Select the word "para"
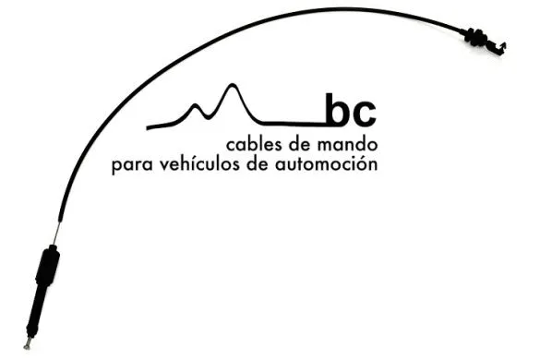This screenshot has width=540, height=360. pyautogui.click(x=129, y=167)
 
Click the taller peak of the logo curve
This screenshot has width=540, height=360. pyautogui.click(x=231, y=90)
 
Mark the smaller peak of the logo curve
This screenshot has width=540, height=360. pyautogui.click(x=196, y=107)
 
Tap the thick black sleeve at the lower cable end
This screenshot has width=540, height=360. pyautogui.click(x=47, y=268)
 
